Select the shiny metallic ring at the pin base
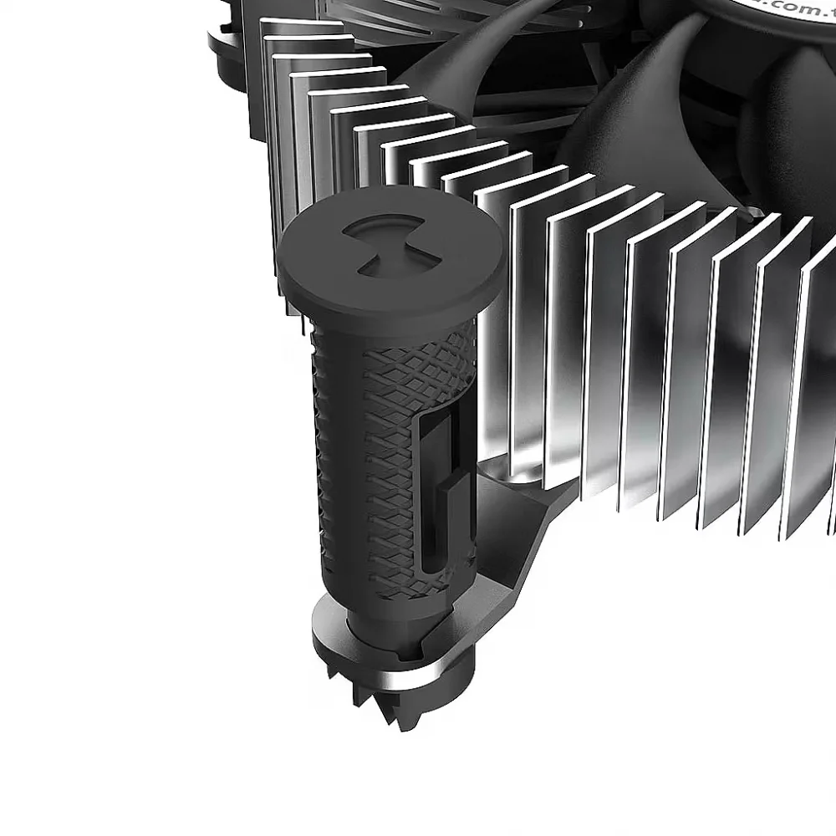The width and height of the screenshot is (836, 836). [435, 660]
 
